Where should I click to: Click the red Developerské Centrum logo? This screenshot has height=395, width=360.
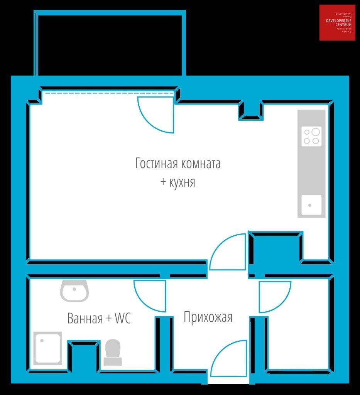click(x=337, y=22)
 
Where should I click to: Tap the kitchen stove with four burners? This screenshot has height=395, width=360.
click(x=311, y=136)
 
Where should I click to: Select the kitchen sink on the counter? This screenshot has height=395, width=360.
click(x=311, y=205)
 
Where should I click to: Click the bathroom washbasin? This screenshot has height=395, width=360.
click(x=74, y=290)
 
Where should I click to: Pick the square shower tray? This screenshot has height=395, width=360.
click(x=47, y=348)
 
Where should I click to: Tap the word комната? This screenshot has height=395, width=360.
click(x=201, y=164)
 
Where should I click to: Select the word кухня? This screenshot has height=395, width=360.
click(x=182, y=182)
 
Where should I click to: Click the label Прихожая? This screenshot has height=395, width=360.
click(x=208, y=317)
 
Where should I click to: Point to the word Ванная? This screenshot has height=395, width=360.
click(x=85, y=318)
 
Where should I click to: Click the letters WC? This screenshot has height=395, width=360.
click(x=123, y=318)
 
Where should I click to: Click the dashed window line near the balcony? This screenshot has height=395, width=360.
click(x=109, y=93)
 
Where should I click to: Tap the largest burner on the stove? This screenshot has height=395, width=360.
click(x=316, y=132)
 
